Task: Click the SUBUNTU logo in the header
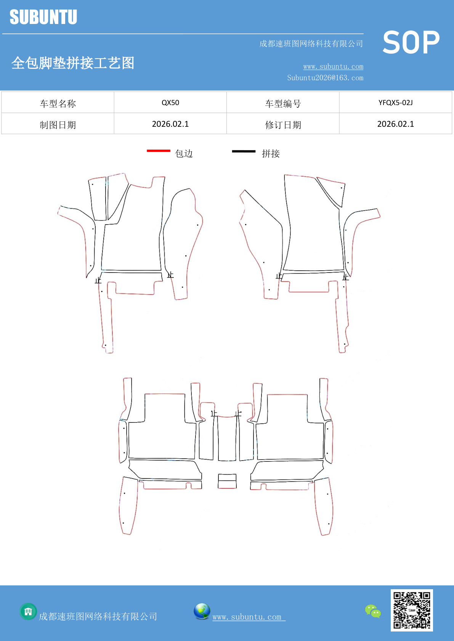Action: pos(43,17)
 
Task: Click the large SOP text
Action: pos(411,43)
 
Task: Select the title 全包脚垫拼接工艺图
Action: pos(73,63)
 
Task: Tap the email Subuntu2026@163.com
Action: pos(325,78)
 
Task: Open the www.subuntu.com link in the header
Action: pos(333,67)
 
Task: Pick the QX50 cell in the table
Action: pos(170,103)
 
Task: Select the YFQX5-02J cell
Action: pos(395,103)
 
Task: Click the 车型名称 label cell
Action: pos(58,104)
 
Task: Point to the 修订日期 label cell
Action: pos(283,125)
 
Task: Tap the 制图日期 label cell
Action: pos(58,125)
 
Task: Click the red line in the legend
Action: pos(159,151)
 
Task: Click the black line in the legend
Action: pos(244,151)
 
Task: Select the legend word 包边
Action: pos(184,153)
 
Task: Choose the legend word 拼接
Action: pos(271,153)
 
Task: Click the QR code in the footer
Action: pos(412,610)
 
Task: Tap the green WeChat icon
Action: pos(373,611)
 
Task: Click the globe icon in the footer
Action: pos(202,611)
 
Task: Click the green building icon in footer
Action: pos(28,612)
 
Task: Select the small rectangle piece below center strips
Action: pos(227,481)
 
